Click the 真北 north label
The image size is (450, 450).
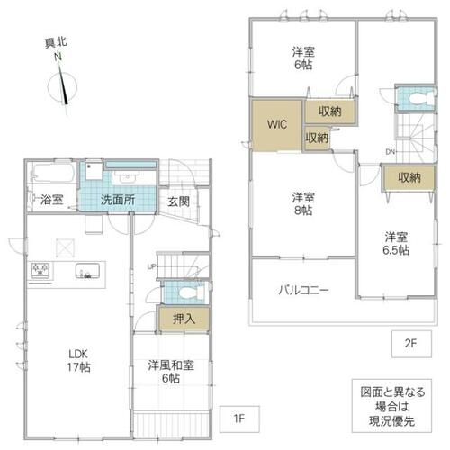coord(56,43)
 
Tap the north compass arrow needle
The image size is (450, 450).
coord(63,85)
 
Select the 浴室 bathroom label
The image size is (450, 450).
coord(51,200)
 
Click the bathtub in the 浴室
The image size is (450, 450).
coord(54,173)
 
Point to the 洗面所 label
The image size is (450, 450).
coord(118,200)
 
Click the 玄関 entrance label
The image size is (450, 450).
coord(178,202)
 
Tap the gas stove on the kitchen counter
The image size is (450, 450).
coord(40,270)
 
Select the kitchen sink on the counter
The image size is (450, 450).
coord(87,271)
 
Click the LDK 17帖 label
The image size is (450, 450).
coord(78,360)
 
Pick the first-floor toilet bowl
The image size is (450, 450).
coord(188,292)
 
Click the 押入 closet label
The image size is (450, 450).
coord(184,319)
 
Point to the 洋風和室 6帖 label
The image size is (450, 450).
coord(171,372)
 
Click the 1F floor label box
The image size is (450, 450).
coord(239,418)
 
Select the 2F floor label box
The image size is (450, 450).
coord(411,344)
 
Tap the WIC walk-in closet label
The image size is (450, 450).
coord(276,124)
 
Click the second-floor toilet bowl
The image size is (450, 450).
coord(420,98)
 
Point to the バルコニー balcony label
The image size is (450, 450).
coord(303,290)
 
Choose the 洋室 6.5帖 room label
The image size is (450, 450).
coord(396,244)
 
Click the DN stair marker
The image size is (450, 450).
coord(390,152)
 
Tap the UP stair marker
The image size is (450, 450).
coord(152,266)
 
